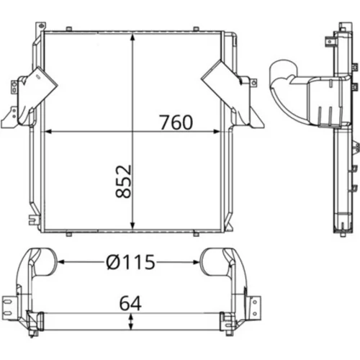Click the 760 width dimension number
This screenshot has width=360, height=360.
point(176,122)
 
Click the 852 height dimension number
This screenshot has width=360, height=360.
point(123,181)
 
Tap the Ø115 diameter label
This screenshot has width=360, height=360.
point(131,262)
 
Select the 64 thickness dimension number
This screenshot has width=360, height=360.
point(130,303)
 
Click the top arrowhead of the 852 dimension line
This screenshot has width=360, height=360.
point(132,38)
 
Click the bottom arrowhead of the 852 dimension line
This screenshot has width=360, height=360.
point(132,225)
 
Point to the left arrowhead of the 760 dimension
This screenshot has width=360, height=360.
point(48,131)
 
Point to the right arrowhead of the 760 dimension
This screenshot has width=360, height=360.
point(217,131)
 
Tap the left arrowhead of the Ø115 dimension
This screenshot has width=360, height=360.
point(61,262)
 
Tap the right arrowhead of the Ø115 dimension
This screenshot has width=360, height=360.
point(197,262)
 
